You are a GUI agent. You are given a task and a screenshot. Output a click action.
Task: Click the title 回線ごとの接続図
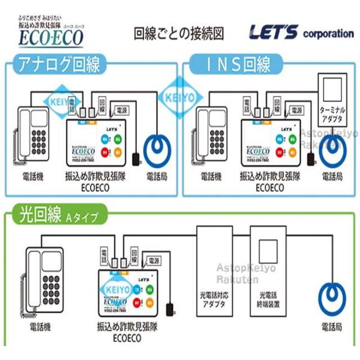[x=178, y=33]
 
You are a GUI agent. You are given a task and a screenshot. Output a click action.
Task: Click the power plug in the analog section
[x=136, y=158]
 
